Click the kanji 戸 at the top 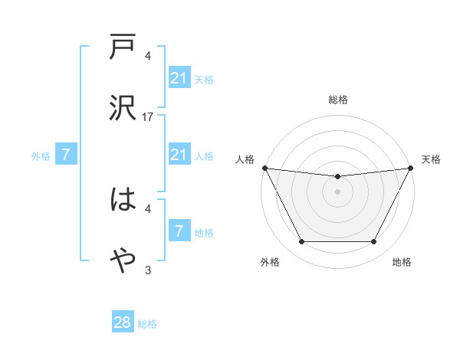123,47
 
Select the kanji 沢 123,108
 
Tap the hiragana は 123,200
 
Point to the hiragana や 123,261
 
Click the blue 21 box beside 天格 179,78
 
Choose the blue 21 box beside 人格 179,155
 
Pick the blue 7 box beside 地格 179,231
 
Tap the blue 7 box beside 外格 66,155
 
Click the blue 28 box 123,322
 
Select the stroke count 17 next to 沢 148,117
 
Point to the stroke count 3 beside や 148,270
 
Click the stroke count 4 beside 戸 148,55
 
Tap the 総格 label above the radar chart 337,100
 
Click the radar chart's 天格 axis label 431,159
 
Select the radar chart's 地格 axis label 402,262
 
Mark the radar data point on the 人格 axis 264,168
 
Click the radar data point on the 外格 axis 301,242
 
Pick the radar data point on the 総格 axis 337,177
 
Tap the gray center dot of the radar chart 337,191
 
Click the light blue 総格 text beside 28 147,324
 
